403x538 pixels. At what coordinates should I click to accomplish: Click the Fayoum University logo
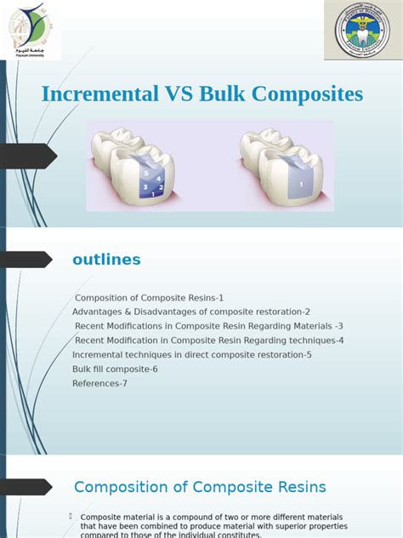pyautogui.click(x=34, y=30)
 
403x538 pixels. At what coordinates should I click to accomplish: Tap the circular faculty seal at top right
pyautogui.click(x=362, y=31)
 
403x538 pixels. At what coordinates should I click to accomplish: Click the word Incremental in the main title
pyautogui.click(x=99, y=94)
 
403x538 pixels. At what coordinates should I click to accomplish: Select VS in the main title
pyautogui.click(x=178, y=94)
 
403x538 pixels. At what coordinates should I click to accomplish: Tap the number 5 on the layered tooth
pyautogui.click(x=146, y=173)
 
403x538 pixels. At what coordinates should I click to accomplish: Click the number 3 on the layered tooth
pyautogui.click(x=145, y=186)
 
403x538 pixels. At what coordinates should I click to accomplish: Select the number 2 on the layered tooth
pyautogui.click(x=161, y=186)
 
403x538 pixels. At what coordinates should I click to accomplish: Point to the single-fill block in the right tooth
pyautogui.click(x=300, y=182)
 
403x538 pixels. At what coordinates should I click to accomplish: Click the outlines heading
pyautogui.click(x=106, y=260)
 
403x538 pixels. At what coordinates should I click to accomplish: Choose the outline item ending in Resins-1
pyautogui.click(x=149, y=298)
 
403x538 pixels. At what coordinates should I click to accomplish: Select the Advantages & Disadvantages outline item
pyautogui.click(x=191, y=312)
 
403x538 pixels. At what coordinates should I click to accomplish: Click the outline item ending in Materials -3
pyautogui.click(x=208, y=326)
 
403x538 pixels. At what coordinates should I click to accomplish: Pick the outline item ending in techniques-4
pyautogui.click(x=208, y=341)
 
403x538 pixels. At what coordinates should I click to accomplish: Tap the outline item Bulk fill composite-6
pyautogui.click(x=115, y=369)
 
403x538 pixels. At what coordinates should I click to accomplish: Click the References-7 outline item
pyautogui.click(x=99, y=384)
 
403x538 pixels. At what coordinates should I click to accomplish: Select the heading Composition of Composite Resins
pyautogui.click(x=200, y=487)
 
